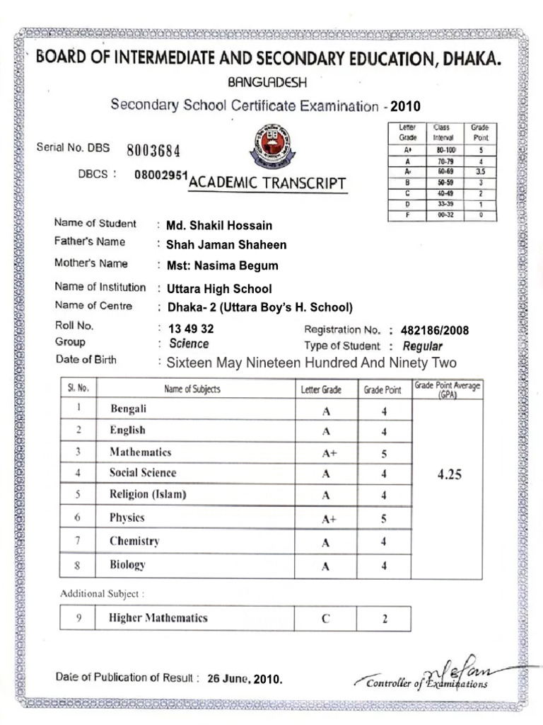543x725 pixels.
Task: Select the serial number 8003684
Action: tap(153, 150)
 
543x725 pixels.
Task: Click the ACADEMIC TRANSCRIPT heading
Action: tap(267, 184)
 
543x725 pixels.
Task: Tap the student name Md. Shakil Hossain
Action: tap(218, 226)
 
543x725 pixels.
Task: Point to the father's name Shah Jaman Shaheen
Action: tap(226, 245)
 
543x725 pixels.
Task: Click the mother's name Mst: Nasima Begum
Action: tap(222, 266)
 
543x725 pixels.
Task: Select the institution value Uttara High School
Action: tap(218, 289)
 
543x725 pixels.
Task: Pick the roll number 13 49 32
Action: tap(191, 329)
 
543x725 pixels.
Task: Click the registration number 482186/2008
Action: tap(434, 331)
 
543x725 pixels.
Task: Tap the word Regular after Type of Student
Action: tap(422, 346)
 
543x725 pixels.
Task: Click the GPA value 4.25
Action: tap(449, 475)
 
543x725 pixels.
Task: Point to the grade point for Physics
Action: tap(384, 518)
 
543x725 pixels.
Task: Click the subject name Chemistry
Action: tap(134, 541)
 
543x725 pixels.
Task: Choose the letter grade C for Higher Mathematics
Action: tap(326, 618)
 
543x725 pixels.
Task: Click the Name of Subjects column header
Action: tap(192, 389)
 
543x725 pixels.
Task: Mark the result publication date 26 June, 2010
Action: tap(245, 679)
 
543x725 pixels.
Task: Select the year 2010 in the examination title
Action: tap(405, 107)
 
